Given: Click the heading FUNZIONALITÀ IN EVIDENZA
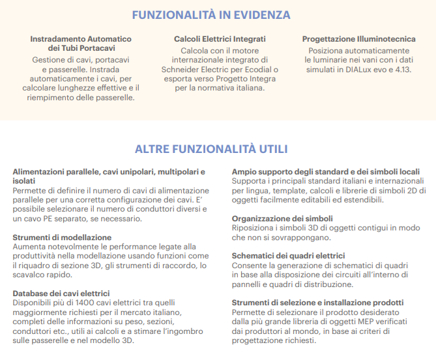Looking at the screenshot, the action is (211, 15).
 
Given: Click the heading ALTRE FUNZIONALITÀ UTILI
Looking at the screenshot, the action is (211, 149).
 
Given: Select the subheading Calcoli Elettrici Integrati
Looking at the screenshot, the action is (220, 39).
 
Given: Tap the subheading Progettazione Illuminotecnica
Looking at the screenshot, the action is (358, 39).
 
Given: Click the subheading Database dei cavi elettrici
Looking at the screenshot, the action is (61, 294).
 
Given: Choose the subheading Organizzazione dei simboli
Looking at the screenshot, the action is (282, 218).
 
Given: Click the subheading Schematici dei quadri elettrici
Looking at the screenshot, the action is (289, 256).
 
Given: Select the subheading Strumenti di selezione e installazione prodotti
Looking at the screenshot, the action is (317, 303).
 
